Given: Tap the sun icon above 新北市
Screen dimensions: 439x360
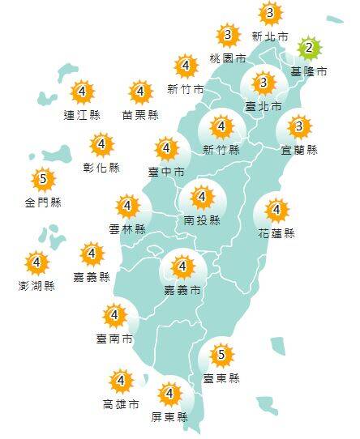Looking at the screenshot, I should (270, 14).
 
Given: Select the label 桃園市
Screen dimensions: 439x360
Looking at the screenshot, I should (227, 58).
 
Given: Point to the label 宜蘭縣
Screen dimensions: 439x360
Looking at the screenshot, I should (300, 150).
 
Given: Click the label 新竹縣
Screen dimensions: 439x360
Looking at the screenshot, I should (221, 150).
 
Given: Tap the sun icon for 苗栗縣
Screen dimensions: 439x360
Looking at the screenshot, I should (140, 92).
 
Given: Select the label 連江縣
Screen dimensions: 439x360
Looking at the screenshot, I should (82, 115).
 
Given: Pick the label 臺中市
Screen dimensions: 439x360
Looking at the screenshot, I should (166, 172).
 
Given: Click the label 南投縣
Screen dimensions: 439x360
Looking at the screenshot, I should (202, 219).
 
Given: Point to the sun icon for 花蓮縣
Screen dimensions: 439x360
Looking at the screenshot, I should (276, 211).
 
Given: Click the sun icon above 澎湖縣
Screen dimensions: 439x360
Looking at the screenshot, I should (36, 262).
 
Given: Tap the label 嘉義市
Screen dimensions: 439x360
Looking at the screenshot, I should (184, 289).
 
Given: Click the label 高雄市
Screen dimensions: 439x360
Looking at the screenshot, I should (121, 403).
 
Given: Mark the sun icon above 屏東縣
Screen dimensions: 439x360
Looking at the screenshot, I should (169, 395).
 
